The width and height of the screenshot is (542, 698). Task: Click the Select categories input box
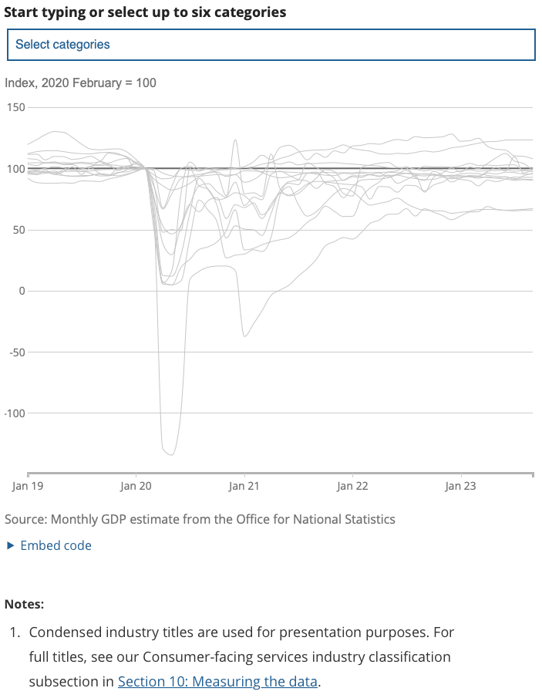pos(270,45)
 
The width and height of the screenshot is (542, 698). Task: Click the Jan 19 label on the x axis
pos(27,486)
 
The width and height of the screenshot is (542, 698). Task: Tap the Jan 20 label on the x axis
pos(136,486)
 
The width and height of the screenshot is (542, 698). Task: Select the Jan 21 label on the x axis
pos(244,486)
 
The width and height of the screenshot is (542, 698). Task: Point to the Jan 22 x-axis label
pos(352,486)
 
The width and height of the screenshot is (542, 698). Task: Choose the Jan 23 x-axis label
pos(460,486)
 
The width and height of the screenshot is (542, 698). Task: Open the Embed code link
pos(56,545)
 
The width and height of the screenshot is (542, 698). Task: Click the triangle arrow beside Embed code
pos(10,545)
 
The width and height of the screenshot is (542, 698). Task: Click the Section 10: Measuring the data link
pos(217,682)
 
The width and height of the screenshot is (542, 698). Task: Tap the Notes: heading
pos(24,604)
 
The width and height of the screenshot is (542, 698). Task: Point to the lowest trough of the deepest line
pos(171,454)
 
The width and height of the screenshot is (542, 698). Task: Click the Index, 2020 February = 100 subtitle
pos(80,83)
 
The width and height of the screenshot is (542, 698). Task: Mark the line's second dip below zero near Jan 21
pos(245,336)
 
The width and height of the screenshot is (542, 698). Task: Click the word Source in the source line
pos(24,518)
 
